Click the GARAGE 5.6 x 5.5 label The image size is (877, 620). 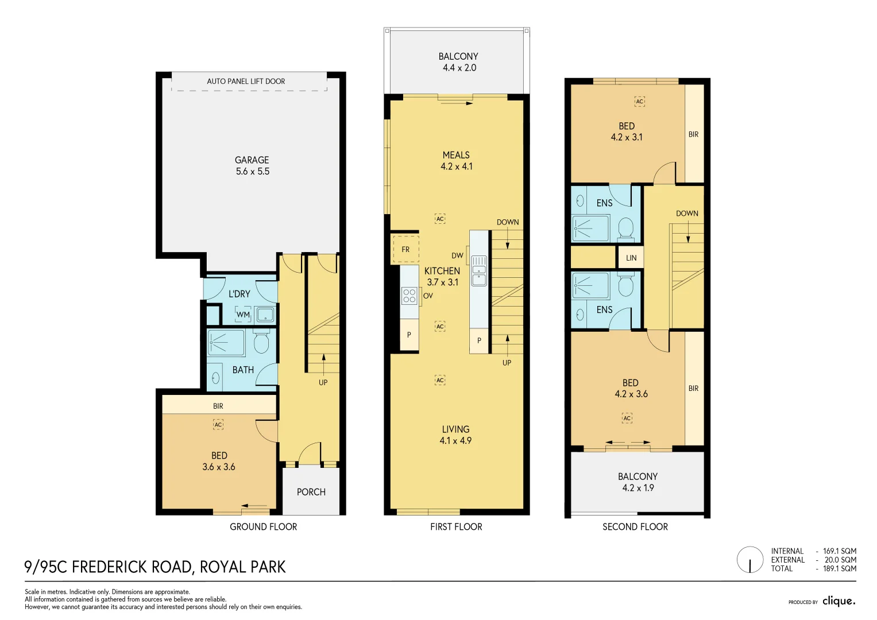click(252, 165)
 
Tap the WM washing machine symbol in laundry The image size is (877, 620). click(243, 314)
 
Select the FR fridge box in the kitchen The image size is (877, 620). click(405, 249)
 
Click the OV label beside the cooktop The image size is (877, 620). click(428, 296)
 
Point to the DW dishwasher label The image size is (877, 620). click(457, 255)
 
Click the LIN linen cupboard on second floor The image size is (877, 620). click(631, 258)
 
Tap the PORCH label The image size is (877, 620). click(311, 492)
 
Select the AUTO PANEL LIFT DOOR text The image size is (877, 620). click(246, 81)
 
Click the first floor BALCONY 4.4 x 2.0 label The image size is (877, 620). click(458, 61)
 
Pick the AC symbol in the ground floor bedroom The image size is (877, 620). click(218, 425)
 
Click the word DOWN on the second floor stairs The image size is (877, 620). click(687, 213)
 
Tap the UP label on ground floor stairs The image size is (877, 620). click(323, 382)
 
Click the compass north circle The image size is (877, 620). click(750, 560)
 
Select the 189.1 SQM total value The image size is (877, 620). click(839, 568)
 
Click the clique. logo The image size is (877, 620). click(839, 601)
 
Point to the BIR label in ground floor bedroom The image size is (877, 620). click(218, 406)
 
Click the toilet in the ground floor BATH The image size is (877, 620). click(261, 342)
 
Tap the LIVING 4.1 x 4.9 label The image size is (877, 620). click(455, 435)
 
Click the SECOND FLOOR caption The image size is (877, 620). click(635, 526)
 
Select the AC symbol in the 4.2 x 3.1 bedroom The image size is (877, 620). click(639, 101)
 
